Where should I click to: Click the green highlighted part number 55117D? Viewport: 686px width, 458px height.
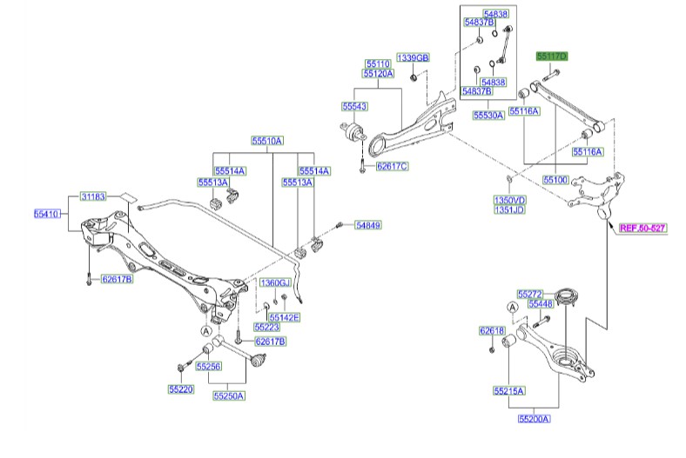tap(551, 56)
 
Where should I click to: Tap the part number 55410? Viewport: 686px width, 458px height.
tap(48, 211)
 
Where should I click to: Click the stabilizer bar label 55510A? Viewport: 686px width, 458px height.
tap(268, 141)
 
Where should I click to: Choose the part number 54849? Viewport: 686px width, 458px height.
tap(367, 225)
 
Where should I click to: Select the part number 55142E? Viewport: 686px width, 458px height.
tap(284, 317)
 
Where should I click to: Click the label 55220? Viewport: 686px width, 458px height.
tap(182, 388)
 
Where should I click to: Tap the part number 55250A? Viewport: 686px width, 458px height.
tap(229, 395)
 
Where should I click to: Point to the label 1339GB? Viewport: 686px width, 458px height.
tap(414, 57)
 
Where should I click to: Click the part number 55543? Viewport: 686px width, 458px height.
tap(354, 106)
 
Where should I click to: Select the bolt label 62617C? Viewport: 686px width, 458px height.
tap(392, 165)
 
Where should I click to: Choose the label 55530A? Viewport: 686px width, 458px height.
tap(488, 114)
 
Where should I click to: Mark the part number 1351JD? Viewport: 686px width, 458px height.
tap(509, 209)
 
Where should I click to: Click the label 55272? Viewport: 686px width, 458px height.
tap(528, 294)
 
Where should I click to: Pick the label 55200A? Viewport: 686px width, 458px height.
tap(534, 419)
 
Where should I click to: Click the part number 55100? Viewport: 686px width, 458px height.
tap(555, 178)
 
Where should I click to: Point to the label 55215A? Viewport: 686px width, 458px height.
tap(509, 391)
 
